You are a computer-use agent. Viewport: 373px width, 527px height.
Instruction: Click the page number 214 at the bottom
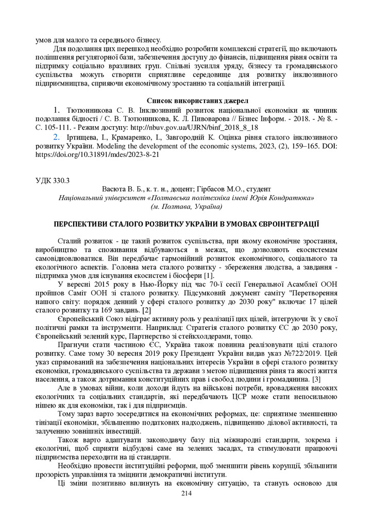(x=186, y=493)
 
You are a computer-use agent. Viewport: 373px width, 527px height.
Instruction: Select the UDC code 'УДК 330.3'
(x=52, y=181)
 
